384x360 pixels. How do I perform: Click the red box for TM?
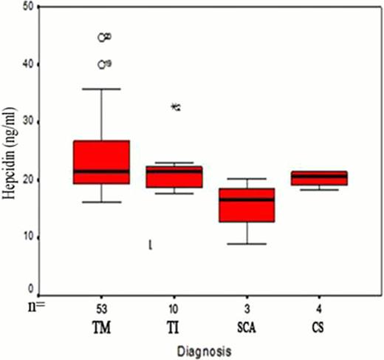102,162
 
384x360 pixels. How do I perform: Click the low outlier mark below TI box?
151,244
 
